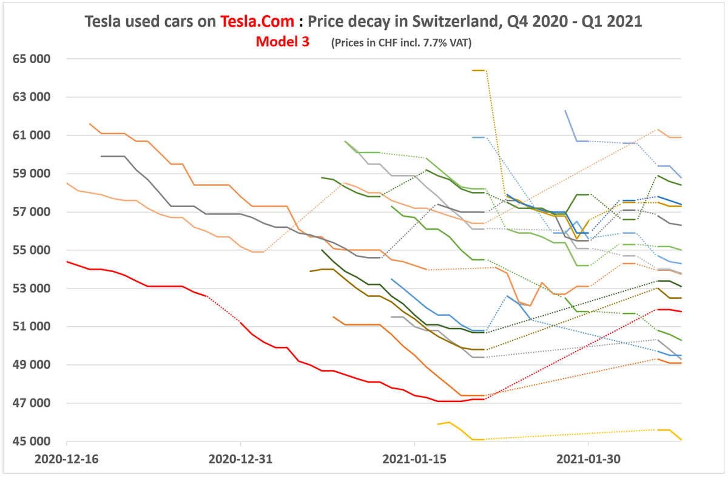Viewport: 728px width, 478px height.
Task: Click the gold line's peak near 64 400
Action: coord(479,70)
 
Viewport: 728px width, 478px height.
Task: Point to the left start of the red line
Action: coord(67,262)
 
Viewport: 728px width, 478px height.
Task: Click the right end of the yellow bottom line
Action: coord(681,440)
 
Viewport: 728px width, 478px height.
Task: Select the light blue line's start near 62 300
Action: coord(565,111)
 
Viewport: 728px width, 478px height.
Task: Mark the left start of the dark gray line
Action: coord(101,156)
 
